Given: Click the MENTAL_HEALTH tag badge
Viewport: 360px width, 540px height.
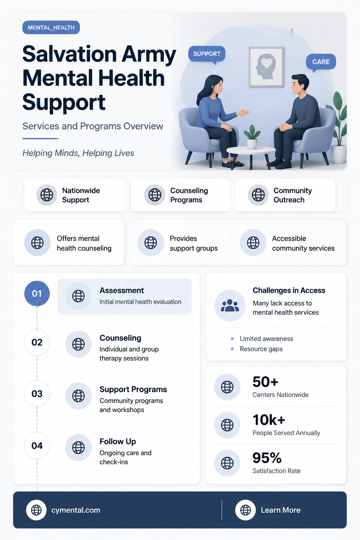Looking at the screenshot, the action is [51, 27].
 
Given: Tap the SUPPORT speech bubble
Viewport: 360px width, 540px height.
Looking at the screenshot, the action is [207, 54].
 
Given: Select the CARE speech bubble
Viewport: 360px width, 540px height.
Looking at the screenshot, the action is [321, 62].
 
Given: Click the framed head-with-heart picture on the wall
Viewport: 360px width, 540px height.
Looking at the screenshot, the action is [266, 67].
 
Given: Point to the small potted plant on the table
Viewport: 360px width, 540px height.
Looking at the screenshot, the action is [252, 137].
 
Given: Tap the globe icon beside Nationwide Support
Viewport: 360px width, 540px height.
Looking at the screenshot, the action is [47, 195].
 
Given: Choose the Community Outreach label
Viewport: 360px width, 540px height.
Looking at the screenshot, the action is [292, 195].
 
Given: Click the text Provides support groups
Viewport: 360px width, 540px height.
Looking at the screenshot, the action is [194, 243].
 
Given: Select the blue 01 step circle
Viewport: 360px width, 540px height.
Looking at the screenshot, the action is [37, 294].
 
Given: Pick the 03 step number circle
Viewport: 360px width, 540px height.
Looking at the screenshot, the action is [37, 394].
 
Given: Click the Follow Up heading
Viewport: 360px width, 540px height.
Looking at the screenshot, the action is [118, 442].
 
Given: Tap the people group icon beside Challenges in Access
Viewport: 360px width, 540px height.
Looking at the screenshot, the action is [230, 306].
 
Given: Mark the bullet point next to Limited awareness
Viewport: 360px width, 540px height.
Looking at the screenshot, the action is [232, 339].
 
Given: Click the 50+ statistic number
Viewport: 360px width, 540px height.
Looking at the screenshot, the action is [265, 382].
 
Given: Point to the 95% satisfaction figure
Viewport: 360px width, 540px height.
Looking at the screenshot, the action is [267, 458].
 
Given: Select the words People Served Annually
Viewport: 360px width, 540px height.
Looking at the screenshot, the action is [286, 433].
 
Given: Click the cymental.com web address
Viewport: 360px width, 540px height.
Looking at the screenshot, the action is [76, 510].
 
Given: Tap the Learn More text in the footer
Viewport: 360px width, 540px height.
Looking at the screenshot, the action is [281, 510].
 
